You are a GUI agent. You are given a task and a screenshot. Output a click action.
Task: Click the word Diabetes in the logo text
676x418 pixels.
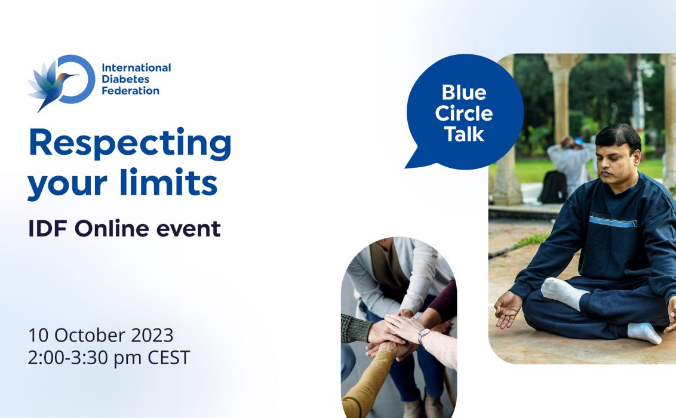coord(125,79)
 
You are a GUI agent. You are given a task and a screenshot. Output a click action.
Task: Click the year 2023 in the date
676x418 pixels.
coord(152,335)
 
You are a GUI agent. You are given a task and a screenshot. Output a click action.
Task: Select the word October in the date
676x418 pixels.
coord(90,335)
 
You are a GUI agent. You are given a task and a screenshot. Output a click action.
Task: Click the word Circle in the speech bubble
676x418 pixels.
coord(464,113)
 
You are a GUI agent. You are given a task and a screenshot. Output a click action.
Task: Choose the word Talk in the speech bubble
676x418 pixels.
coord(465,134)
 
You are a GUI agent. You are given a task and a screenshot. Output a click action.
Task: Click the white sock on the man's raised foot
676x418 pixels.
coord(563,293)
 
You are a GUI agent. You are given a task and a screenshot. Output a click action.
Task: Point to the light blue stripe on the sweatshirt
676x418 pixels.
coord(612,222)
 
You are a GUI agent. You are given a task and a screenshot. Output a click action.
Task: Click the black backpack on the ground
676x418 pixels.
coord(554,187)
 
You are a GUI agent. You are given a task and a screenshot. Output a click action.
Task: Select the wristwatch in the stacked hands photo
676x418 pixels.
coord(423,335)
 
